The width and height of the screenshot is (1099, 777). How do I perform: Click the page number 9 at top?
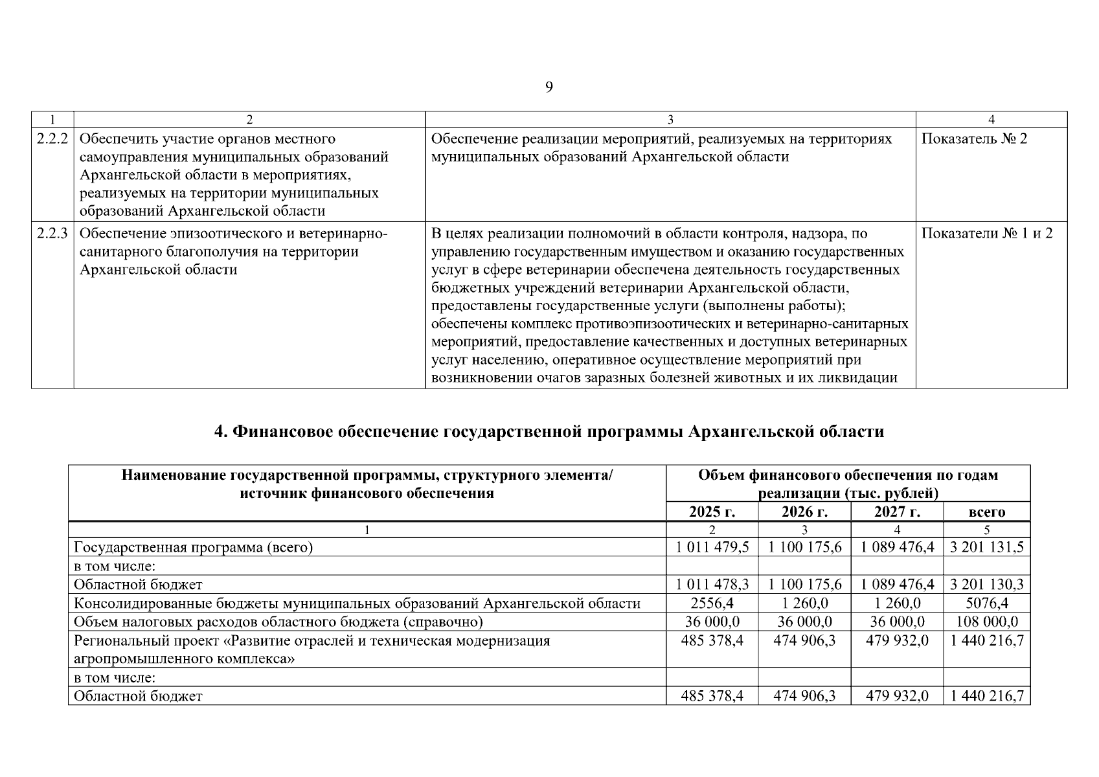[x=549, y=87]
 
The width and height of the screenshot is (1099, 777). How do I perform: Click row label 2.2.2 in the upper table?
[x=52, y=139]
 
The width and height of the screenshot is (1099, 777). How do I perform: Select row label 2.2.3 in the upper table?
[x=52, y=234]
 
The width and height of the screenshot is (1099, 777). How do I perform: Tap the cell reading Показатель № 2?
[x=973, y=139]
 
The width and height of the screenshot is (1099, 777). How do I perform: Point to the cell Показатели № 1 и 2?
[x=986, y=234]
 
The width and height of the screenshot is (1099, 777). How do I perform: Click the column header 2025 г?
[x=712, y=512]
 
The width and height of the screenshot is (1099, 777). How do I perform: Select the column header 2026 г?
[x=804, y=512]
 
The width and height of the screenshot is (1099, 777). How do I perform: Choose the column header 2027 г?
[x=897, y=512]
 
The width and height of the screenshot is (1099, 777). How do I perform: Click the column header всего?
[x=986, y=512]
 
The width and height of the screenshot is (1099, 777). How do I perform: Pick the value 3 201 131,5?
[x=986, y=548]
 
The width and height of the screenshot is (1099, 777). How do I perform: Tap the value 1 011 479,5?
[x=712, y=548]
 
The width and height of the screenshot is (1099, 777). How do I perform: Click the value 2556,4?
[x=712, y=604]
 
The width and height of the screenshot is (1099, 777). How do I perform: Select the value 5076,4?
[x=986, y=604]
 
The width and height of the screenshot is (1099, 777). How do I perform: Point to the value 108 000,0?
[x=986, y=622]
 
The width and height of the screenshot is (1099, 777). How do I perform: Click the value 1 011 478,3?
[x=712, y=585]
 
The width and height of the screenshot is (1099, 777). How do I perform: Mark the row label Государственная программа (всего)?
[x=193, y=548]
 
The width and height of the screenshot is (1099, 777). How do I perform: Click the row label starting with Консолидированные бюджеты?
[x=356, y=604]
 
